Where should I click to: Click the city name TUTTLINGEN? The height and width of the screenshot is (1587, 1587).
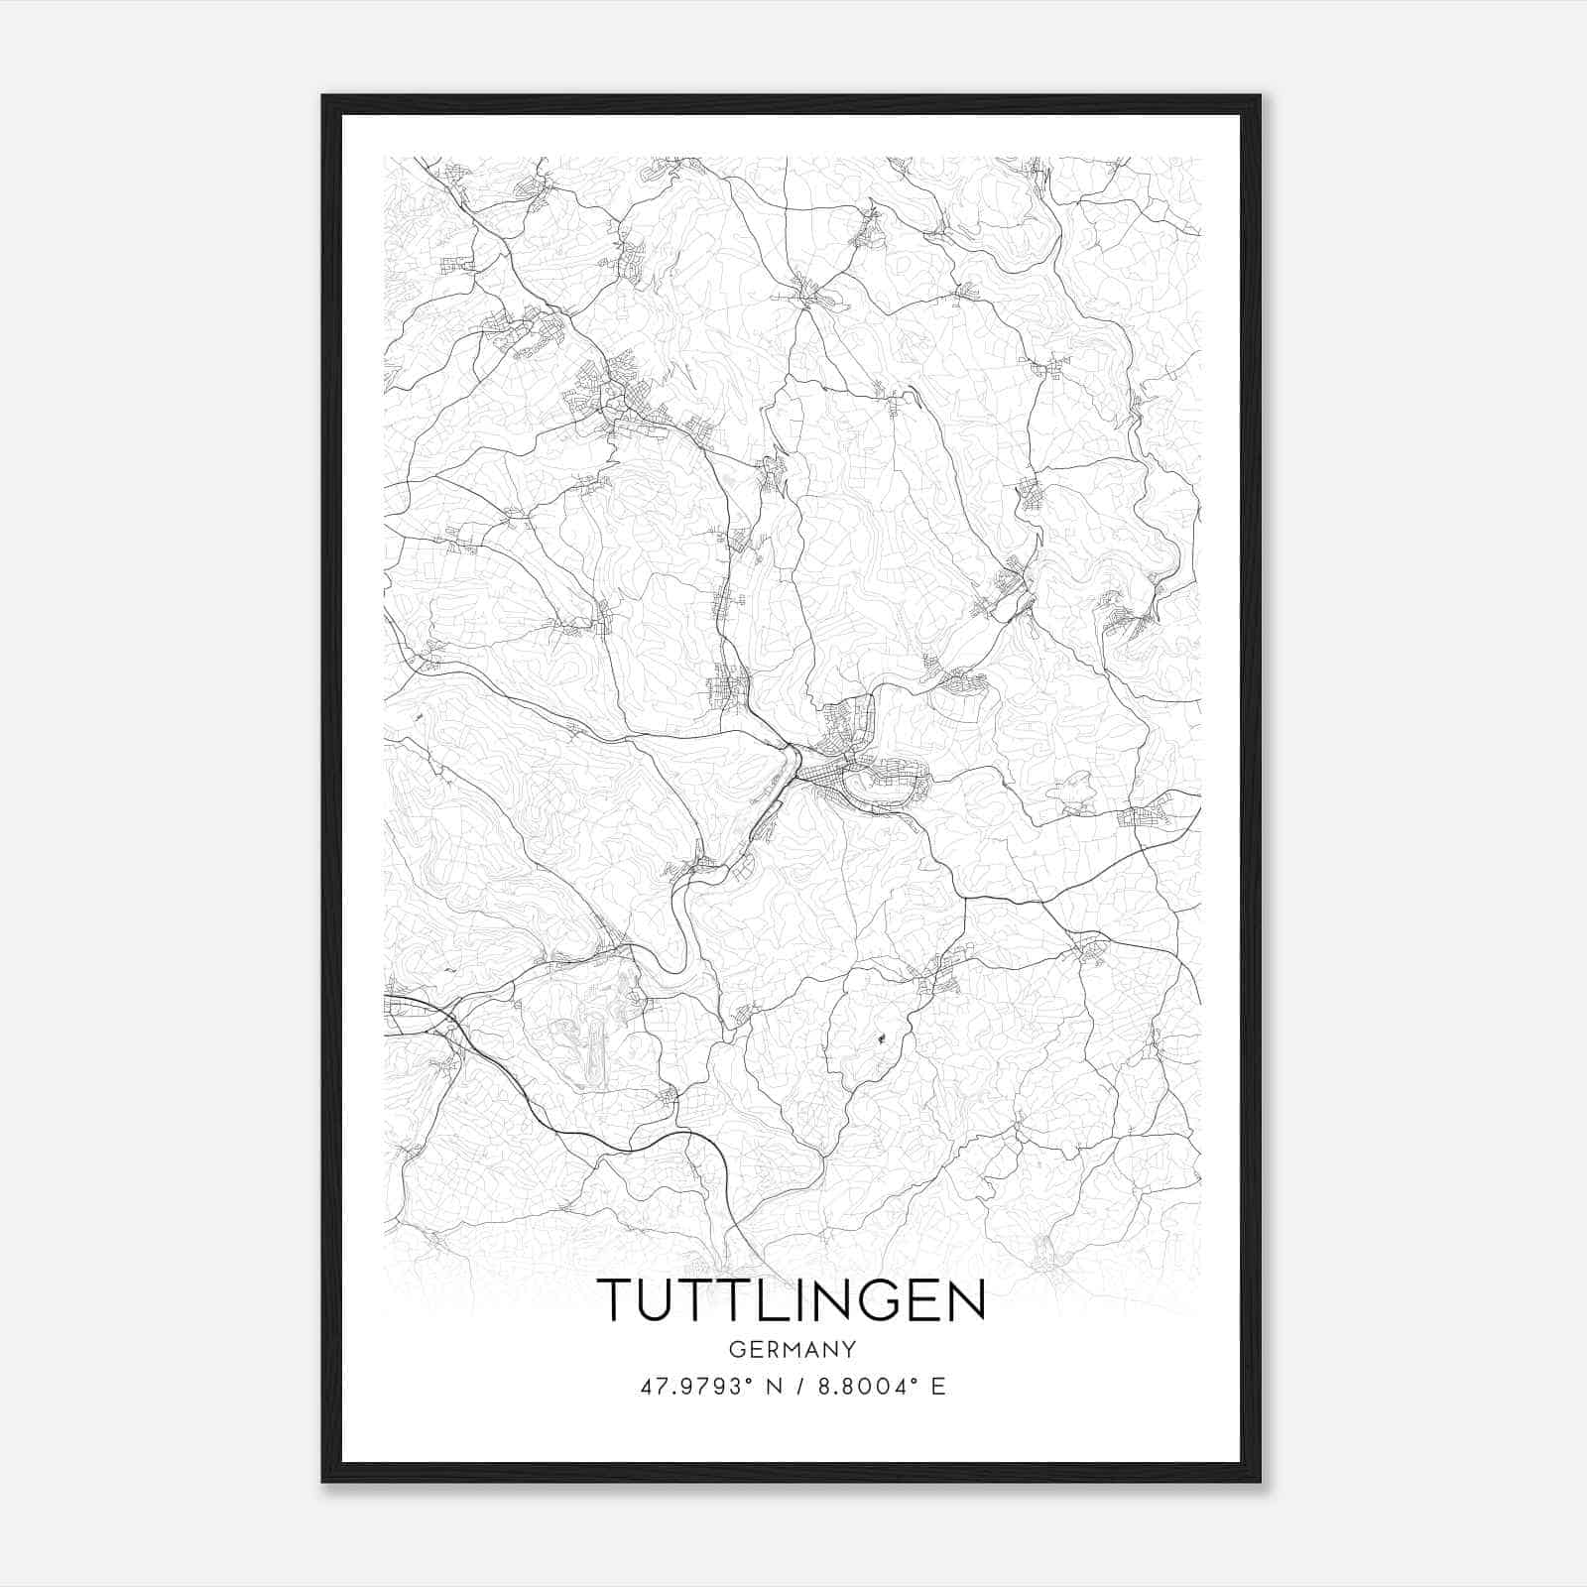[x=791, y=1300]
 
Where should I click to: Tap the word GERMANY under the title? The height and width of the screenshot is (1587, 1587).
[x=793, y=1349]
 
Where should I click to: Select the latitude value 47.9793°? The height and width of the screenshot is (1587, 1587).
[x=692, y=1387]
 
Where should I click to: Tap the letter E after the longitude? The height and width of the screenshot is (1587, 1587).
[x=937, y=1387]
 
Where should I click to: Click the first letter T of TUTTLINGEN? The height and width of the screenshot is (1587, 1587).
[x=616, y=1300]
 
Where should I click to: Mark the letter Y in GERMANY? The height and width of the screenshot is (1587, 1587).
[x=849, y=1349]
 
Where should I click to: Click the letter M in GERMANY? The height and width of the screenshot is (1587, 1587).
[x=792, y=1349]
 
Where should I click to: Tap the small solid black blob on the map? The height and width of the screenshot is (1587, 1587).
[x=880, y=1039]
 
